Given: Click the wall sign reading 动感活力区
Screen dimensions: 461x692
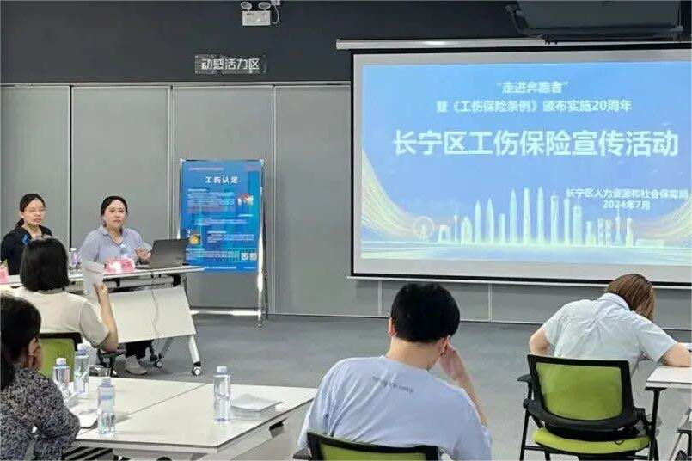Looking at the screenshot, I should click(230, 64).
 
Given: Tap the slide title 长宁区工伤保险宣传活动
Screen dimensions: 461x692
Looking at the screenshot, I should click(536, 144).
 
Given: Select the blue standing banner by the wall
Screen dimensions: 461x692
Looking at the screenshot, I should click(221, 216).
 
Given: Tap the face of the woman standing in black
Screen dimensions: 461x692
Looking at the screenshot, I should click(34, 211).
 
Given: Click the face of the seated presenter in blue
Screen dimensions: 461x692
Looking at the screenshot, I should click(113, 214).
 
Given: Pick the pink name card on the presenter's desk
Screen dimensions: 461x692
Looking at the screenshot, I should click(119, 267).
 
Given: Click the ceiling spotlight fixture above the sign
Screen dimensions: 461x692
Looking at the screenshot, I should click(258, 11).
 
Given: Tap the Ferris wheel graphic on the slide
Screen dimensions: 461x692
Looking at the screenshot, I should click(423, 228).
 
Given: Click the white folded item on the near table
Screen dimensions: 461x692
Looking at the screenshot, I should click(255, 402).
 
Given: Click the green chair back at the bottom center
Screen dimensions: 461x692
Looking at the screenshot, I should click(372, 450).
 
